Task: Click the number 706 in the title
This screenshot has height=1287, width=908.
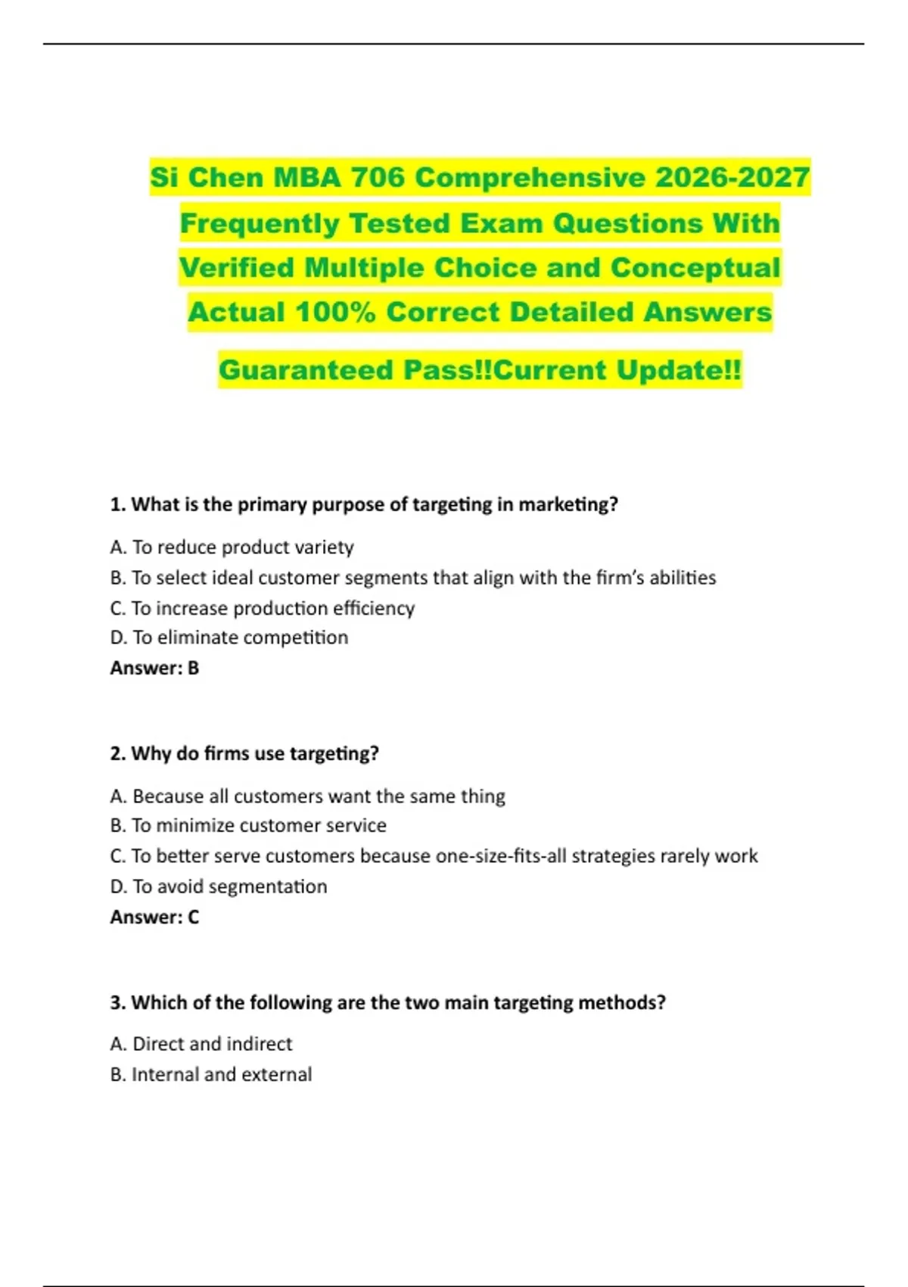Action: [x=378, y=177]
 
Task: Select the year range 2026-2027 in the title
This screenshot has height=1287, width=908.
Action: [x=732, y=177]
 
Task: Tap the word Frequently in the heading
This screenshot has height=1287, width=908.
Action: [x=260, y=223]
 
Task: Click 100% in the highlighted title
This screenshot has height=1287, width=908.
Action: [x=334, y=312]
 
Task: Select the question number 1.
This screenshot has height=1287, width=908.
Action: [x=117, y=504]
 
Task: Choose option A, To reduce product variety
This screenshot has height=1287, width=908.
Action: [x=232, y=547]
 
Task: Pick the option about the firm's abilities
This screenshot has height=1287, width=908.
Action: [x=412, y=578]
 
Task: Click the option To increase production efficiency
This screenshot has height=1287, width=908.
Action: [x=262, y=608]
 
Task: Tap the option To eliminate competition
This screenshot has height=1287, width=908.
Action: [x=229, y=637]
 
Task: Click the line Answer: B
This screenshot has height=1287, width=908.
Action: [x=154, y=668]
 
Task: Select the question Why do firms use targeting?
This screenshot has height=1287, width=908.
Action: [x=244, y=753]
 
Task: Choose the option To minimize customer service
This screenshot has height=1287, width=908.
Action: [x=247, y=825]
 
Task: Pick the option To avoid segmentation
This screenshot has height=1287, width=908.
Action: [x=218, y=887]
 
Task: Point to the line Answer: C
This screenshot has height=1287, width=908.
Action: [x=154, y=917]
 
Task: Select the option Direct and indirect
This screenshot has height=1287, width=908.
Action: [x=201, y=1044]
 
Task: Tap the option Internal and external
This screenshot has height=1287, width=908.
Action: [x=210, y=1074]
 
